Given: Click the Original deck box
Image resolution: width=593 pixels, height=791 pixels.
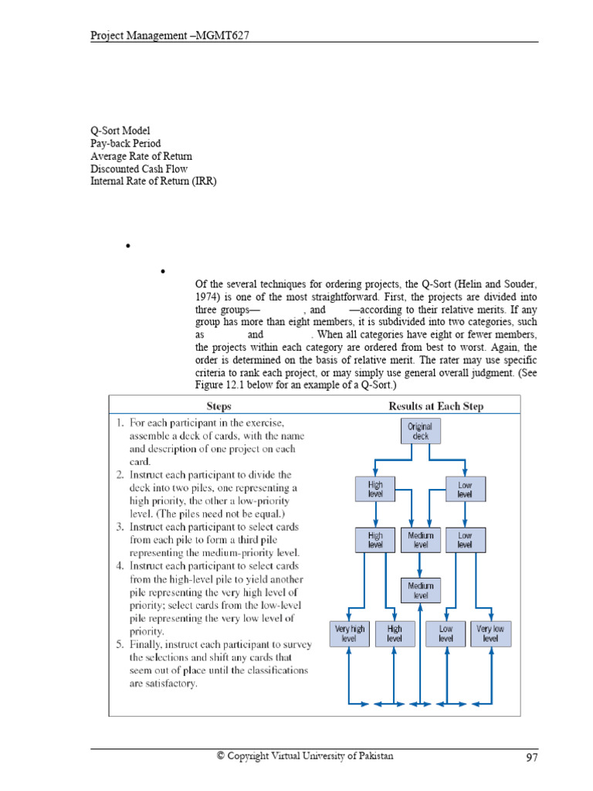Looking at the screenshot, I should (420, 431).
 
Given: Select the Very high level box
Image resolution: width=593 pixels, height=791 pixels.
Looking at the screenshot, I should (349, 633).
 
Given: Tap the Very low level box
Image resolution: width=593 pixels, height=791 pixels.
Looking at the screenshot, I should (490, 633).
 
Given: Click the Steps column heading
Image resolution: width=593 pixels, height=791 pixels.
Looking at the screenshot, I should (219, 406).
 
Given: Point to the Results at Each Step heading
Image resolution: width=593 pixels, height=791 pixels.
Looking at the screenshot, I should (436, 406).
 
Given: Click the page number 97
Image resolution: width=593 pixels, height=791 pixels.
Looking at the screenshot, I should (531, 758).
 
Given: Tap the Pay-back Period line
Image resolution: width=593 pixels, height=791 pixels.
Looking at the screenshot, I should (125, 144).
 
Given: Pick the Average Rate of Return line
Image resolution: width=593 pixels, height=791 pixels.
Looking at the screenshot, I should (141, 156).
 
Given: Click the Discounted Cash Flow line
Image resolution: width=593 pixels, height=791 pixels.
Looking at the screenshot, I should (139, 168).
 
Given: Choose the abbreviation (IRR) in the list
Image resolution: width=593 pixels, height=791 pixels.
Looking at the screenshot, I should (206, 181).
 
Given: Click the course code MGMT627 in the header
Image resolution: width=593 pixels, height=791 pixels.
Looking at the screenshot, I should (229, 36).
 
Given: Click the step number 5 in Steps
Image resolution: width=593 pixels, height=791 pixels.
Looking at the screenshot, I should (120, 643).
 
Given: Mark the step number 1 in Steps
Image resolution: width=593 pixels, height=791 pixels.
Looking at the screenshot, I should (120, 423).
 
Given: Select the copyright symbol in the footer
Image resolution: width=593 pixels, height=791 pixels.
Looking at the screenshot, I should (221, 756).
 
